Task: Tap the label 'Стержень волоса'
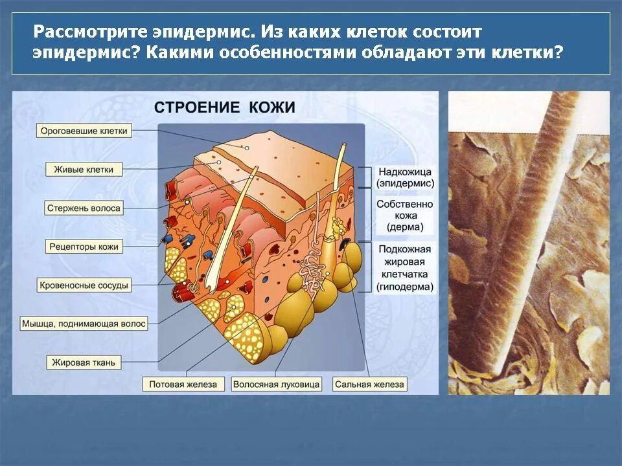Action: point(85,208)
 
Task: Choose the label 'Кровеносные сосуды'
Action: point(85,284)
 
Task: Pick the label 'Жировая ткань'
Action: point(85,363)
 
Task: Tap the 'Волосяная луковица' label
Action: point(277,384)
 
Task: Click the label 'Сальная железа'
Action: point(369,384)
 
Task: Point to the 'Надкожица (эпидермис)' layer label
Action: point(405,178)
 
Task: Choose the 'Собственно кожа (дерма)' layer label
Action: point(405,216)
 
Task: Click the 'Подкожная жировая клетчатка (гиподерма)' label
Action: point(405,268)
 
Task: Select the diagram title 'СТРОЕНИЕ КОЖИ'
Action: point(224,107)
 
